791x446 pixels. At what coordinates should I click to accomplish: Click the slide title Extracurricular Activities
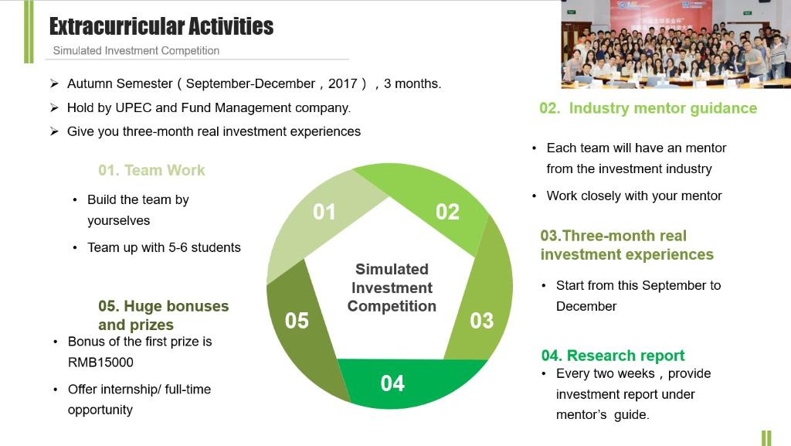pyautogui.click(x=161, y=27)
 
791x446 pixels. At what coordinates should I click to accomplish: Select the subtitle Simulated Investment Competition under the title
pyautogui.click(x=136, y=50)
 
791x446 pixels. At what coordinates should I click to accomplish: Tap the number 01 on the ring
pyautogui.click(x=324, y=212)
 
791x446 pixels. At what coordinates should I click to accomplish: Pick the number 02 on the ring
pyautogui.click(x=447, y=212)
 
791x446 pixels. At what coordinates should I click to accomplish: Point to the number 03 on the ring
pyautogui.click(x=482, y=320)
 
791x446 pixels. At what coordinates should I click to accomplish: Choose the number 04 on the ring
pyautogui.click(x=392, y=383)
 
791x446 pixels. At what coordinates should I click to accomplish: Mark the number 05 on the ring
pyautogui.click(x=297, y=320)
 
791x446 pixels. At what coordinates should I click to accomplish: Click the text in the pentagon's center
pyautogui.click(x=392, y=288)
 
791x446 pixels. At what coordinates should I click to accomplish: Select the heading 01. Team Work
pyautogui.click(x=152, y=170)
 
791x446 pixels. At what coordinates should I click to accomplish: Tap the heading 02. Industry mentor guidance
pyautogui.click(x=648, y=108)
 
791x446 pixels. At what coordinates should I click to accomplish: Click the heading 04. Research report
pyautogui.click(x=613, y=356)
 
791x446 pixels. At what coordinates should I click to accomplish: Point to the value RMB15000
pyautogui.click(x=101, y=363)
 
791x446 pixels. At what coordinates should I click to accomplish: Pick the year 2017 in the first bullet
pyautogui.click(x=342, y=83)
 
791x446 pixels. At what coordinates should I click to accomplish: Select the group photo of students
pyautogui.click(x=676, y=44)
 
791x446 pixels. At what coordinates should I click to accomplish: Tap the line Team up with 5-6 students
pyautogui.click(x=164, y=247)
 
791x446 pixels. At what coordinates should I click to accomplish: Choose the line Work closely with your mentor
pyautogui.click(x=634, y=196)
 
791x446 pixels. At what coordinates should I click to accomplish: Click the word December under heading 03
pyautogui.click(x=586, y=306)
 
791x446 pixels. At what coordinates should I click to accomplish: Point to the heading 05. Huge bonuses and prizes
pyautogui.click(x=164, y=315)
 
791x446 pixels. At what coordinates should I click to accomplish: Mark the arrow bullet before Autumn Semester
pyautogui.click(x=55, y=83)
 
